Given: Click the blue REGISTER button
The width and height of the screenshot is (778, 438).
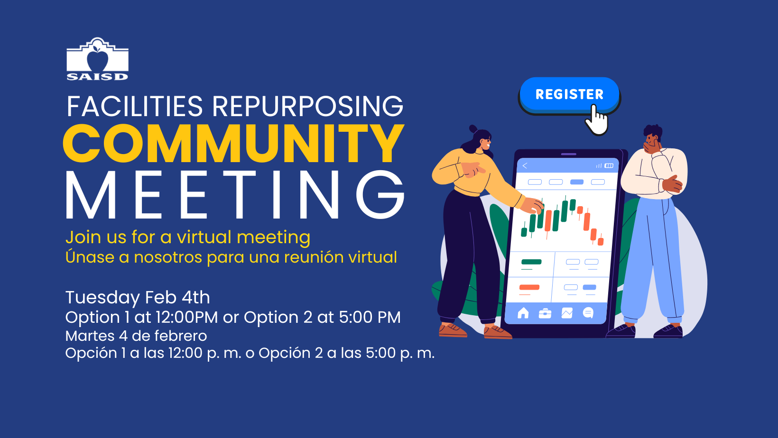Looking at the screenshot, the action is click(x=569, y=95).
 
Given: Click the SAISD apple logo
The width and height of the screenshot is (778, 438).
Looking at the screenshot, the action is click(x=97, y=59).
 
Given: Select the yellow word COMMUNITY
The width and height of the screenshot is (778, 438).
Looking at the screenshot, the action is click(x=233, y=143).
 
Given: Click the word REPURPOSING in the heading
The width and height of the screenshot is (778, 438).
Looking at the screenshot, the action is click(x=308, y=106).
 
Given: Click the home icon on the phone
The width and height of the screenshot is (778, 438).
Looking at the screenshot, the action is click(x=523, y=313).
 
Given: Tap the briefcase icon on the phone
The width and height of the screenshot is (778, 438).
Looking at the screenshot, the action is click(x=545, y=313).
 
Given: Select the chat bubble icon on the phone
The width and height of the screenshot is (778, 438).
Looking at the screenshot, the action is click(x=588, y=313).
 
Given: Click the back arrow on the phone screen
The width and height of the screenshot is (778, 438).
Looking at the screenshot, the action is click(x=525, y=166).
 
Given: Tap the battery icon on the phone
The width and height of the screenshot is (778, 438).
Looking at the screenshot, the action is click(x=609, y=166).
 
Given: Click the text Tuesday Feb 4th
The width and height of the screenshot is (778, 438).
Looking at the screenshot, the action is click(x=138, y=298).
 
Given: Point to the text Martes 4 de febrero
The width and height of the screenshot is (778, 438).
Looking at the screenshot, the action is click(x=136, y=336).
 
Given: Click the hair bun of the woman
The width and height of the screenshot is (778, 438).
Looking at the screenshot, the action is click(x=473, y=129).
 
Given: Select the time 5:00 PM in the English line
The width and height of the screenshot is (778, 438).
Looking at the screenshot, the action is click(x=370, y=317).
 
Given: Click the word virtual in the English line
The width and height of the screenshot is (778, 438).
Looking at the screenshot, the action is click(x=204, y=237).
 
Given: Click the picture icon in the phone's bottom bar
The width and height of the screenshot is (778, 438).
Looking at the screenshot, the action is click(x=567, y=313).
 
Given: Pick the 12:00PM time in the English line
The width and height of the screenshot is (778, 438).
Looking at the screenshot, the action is click(x=186, y=317).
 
